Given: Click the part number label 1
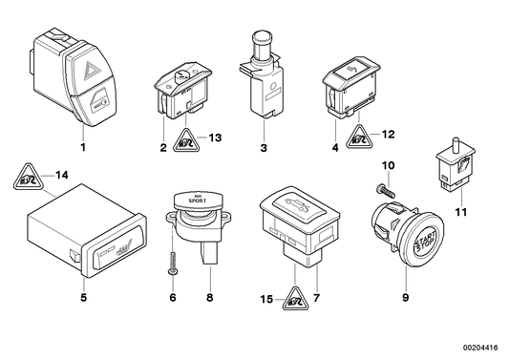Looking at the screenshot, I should (82, 148).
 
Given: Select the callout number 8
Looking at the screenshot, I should (208, 296).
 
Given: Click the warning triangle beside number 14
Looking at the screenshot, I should (27, 178).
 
